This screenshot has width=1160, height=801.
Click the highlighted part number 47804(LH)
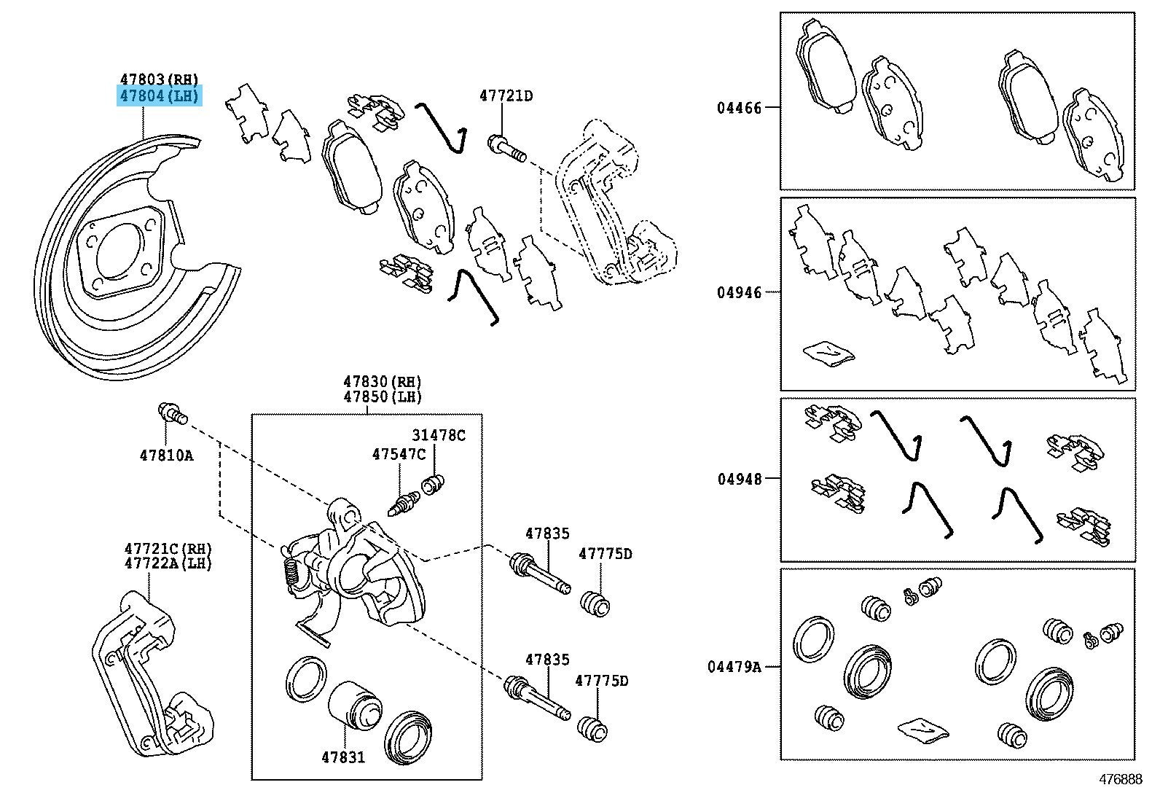click(x=159, y=95)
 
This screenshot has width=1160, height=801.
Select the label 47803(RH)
click(x=159, y=79)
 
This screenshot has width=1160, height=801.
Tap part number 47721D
click(x=506, y=95)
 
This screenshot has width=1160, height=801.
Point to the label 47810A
click(x=167, y=456)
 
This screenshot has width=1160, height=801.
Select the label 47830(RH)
click(x=383, y=381)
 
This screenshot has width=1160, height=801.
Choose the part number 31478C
click(x=438, y=435)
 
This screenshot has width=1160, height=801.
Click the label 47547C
click(x=399, y=454)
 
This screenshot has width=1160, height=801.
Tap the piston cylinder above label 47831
click(x=353, y=706)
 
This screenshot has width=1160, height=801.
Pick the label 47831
click(x=343, y=757)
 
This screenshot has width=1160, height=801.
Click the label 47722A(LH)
click(x=168, y=563)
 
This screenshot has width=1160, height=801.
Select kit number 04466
click(x=739, y=108)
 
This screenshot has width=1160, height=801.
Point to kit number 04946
click(x=739, y=292)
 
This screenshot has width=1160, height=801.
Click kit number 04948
click(x=739, y=479)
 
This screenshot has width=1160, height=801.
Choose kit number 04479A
click(x=734, y=666)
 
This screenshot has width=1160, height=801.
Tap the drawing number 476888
click(x=1121, y=779)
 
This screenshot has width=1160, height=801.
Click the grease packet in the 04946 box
click(x=828, y=352)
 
